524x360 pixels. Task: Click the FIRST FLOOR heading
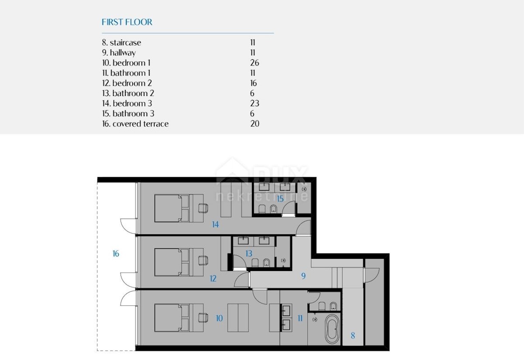127,22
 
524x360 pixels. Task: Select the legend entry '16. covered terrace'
135,123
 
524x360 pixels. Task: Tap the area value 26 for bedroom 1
255,63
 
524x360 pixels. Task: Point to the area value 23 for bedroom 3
255,103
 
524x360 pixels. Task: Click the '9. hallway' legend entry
119,53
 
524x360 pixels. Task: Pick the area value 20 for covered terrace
255,123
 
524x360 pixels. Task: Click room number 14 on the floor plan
215,224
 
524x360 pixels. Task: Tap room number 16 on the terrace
116,254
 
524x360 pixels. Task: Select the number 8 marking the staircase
353,336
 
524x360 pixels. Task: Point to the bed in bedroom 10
179,318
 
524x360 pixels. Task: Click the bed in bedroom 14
179,208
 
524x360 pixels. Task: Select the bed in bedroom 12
179,262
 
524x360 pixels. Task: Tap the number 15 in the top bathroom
280,199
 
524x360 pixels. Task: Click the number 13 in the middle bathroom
248,254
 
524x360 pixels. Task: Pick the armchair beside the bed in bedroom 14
203,208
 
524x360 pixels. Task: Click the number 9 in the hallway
303,276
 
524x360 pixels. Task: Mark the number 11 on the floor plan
300,318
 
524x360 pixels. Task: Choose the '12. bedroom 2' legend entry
127,83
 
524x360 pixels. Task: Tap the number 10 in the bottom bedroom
219,318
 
